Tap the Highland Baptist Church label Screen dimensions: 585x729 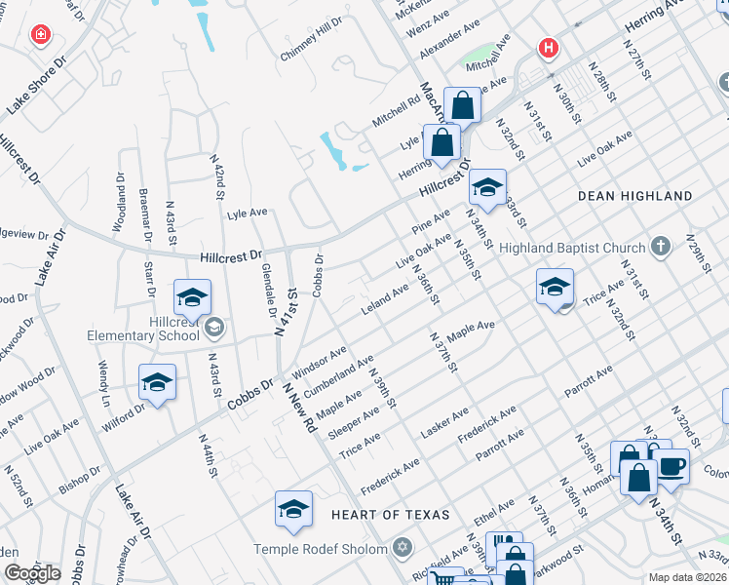[x=572, y=248]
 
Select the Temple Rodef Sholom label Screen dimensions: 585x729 [x=321, y=548]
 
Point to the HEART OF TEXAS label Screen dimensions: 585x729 [x=390, y=514]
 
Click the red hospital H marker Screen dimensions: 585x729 [x=549, y=47]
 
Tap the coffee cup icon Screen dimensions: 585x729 [x=671, y=465]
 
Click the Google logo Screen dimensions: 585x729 [x=31, y=573]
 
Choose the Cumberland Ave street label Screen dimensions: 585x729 [x=338, y=376]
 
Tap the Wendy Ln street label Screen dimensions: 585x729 [x=103, y=383]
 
